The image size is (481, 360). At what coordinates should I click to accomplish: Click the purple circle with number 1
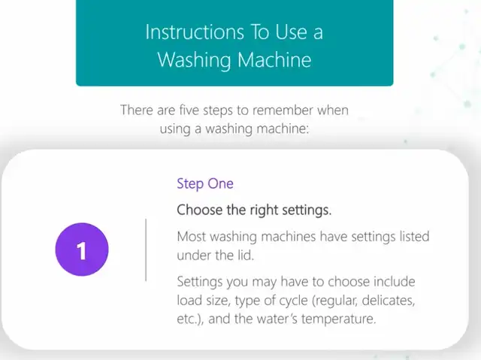(x=82, y=250)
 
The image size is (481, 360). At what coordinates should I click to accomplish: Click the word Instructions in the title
(x=195, y=32)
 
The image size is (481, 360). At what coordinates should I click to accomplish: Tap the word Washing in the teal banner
(x=194, y=60)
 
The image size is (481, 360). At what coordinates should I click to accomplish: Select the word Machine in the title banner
(x=274, y=59)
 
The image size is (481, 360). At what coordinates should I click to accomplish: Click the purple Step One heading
(x=205, y=183)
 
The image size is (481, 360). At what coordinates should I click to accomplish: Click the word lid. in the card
(x=243, y=255)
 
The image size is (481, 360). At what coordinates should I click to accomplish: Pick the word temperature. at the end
(x=338, y=319)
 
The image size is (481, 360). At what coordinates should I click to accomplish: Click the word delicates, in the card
(x=389, y=301)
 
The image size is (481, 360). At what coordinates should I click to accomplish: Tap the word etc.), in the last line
(x=190, y=319)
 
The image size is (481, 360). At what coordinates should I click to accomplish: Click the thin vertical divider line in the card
(x=146, y=250)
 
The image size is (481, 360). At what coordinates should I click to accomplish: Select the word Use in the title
(x=291, y=32)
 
